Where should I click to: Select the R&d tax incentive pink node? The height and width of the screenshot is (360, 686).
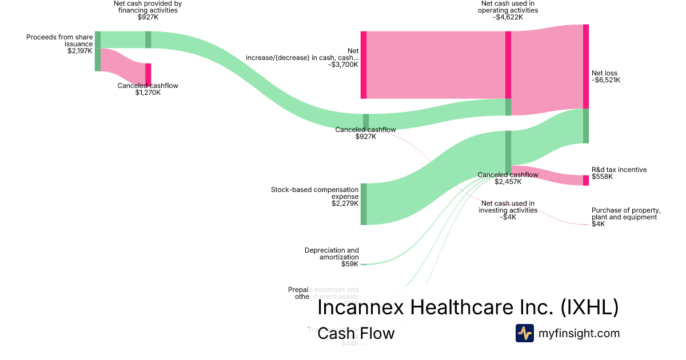tap(586, 181)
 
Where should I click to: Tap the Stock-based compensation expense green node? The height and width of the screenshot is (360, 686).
tap(364, 204)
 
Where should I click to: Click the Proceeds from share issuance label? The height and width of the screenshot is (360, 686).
tap(59, 41)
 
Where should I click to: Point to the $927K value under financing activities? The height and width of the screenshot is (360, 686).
tap(148, 17)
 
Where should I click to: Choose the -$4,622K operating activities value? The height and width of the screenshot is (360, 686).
tap(508, 17)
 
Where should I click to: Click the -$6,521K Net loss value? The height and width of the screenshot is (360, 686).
tap(606, 80)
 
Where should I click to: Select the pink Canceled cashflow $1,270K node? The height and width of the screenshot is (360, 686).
tap(148, 74)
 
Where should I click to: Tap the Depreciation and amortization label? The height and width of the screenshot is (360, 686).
tap(332, 254)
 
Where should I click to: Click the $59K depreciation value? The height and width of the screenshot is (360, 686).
tap(350, 264)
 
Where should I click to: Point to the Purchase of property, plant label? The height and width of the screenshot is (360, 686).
tap(626, 214)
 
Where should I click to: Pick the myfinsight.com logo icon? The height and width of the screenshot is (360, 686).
tap(524, 333)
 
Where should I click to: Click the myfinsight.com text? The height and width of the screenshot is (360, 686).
tap(579, 333)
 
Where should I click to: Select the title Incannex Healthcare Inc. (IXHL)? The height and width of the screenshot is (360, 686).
tap(468, 307)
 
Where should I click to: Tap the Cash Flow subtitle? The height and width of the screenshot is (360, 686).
tap(356, 333)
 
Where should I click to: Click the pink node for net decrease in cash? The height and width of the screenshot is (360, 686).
tap(364, 65)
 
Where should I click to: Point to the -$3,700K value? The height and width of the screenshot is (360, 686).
tap(343, 65)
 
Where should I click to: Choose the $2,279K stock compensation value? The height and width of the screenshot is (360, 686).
tap(345, 203)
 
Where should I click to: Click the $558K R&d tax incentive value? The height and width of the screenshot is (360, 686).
tap(602, 177)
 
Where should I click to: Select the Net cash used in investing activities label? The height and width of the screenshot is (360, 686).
tap(508, 206)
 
